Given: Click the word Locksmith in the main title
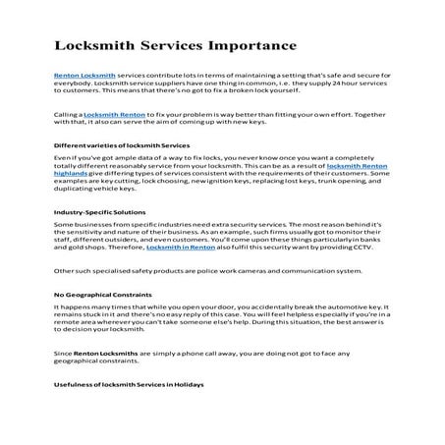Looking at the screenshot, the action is (91, 45).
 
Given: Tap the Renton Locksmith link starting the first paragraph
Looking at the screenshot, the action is (83, 76).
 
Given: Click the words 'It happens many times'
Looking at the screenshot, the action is (87, 307).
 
